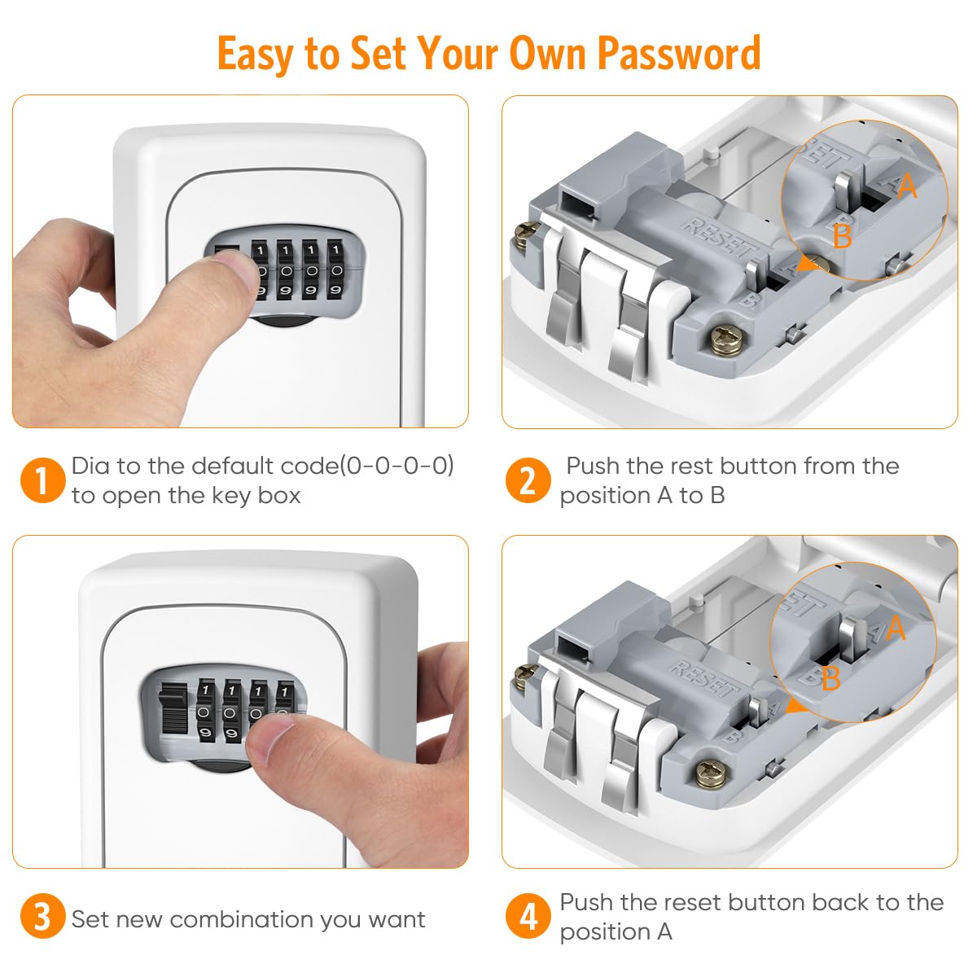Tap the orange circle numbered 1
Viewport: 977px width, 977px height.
(x=42, y=480)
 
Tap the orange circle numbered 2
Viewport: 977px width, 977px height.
(x=528, y=480)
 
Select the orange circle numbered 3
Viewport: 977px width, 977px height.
(x=42, y=918)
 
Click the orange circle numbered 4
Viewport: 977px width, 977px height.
(x=528, y=917)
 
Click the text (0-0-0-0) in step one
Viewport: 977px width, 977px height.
(x=397, y=466)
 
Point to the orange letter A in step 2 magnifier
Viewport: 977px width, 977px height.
(x=906, y=186)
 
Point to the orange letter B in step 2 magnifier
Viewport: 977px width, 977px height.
(x=843, y=237)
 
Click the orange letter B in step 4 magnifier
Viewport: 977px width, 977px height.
(x=830, y=678)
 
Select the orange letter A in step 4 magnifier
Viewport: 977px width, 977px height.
(x=896, y=628)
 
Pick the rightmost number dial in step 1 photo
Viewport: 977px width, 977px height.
(x=335, y=269)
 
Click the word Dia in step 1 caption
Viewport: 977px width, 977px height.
(x=90, y=466)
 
